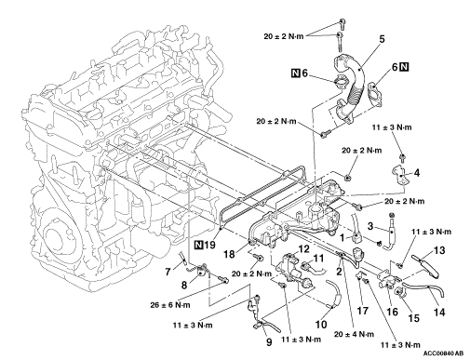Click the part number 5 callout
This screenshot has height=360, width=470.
click(x=382, y=39)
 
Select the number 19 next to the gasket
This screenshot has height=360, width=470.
click(x=209, y=245)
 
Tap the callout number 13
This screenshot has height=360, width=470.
click(x=438, y=250)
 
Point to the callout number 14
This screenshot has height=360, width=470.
click(x=439, y=313)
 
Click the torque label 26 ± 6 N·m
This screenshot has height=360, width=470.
click(x=170, y=305)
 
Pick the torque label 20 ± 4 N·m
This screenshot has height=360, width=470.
click(x=354, y=334)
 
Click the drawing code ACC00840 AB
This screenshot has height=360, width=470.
click(x=444, y=353)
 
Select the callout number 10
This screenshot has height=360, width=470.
click(x=321, y=325)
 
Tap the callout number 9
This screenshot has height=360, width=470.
click(x=269, y=342)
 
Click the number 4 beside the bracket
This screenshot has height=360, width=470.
click(x=417, y=173)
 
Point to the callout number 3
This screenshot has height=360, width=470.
click(x=370, y=226)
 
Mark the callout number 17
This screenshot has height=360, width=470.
click(x=363, y=311)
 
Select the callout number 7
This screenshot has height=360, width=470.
click(x=168, y=272)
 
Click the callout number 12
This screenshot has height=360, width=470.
click(x=304, y=249)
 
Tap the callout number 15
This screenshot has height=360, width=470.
click(x=414, y=318)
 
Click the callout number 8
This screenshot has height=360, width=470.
click(x=184, y=285)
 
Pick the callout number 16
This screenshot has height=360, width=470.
click(x=393, y=312)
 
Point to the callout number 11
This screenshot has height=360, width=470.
click(x=318, y=258)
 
